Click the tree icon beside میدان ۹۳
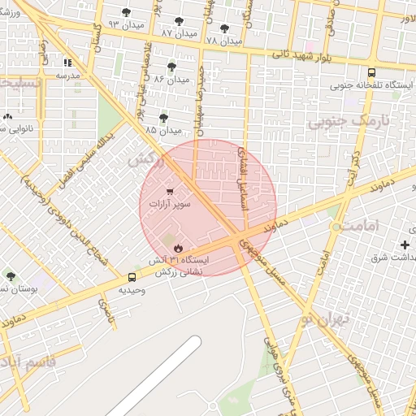pos(125,11)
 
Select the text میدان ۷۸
pos(224,40)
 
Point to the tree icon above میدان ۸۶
pos(171,67)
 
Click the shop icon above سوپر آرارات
pos(169,193)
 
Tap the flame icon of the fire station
pos(178,248)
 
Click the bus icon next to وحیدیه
pos(132,277)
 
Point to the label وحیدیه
pos(132,289)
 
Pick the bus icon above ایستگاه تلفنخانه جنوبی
pos(371,72)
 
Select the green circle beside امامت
pos(336,227)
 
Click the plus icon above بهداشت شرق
pos(405,245)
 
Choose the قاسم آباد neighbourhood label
pos(28,361)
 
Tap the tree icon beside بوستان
pos(10,277)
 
